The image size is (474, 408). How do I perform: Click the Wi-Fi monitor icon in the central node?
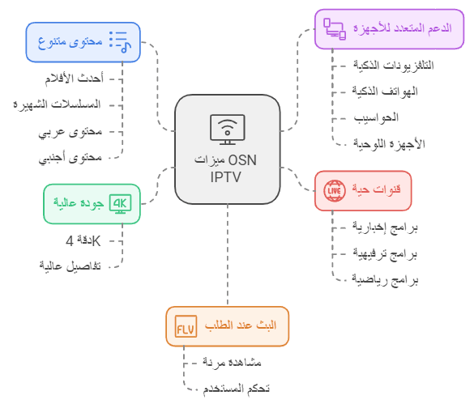(x=228, y=130)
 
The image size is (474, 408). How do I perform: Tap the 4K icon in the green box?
(x=120, y=204)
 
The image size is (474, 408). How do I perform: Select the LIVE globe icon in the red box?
(x=335, y=190)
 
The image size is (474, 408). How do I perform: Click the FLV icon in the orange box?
(x=186, y=326)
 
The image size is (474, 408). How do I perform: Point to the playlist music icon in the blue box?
(x=120, y=42)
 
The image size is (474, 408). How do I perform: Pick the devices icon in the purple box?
(x=335, y=29)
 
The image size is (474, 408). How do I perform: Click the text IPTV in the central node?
(x=226, y=177)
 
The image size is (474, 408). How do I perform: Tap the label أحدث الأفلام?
(x=75, y=79)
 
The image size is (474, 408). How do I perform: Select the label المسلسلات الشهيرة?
(x=57, y=104)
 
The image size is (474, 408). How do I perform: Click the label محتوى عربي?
(x=70, y=132)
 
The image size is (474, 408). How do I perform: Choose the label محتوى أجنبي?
(x=70, y=158)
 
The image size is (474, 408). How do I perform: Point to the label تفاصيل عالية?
(x=70, y=266)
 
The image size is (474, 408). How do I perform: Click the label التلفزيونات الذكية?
(x=394, y=66)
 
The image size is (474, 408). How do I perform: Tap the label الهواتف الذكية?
(x=385, y=91)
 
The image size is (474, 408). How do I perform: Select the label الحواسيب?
(x=376, y=117)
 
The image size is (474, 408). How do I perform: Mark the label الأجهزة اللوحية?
(x=389, y=144)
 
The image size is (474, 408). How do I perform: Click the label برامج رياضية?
(x=385, y=279)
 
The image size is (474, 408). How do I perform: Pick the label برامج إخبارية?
(x=385, y=227)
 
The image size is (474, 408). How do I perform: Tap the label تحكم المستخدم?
(x=236, y=388)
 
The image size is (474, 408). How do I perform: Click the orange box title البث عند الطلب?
(x=241, y=325)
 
